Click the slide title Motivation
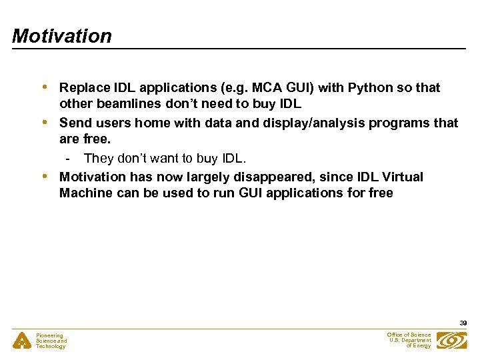tap(62, 36)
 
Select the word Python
tap(373, 88)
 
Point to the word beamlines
tap(123, 105)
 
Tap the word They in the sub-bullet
tap(98, 159)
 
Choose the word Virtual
tap(401, 177)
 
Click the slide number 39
tap(463, 323)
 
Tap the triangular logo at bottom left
tap(21, 341)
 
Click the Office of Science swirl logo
tap(452, 341)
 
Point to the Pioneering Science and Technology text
tap(51, 341)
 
